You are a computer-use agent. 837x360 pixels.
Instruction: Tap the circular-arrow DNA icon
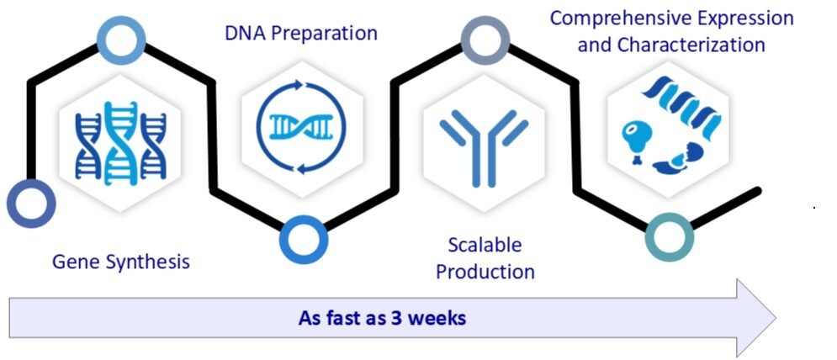(302, 125)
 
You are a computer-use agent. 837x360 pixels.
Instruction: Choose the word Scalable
(485, 246)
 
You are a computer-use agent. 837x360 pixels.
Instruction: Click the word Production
(485, 272)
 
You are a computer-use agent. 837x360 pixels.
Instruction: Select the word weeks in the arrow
(437, 319)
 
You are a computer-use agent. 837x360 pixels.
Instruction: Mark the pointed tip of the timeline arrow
(774, 318)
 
